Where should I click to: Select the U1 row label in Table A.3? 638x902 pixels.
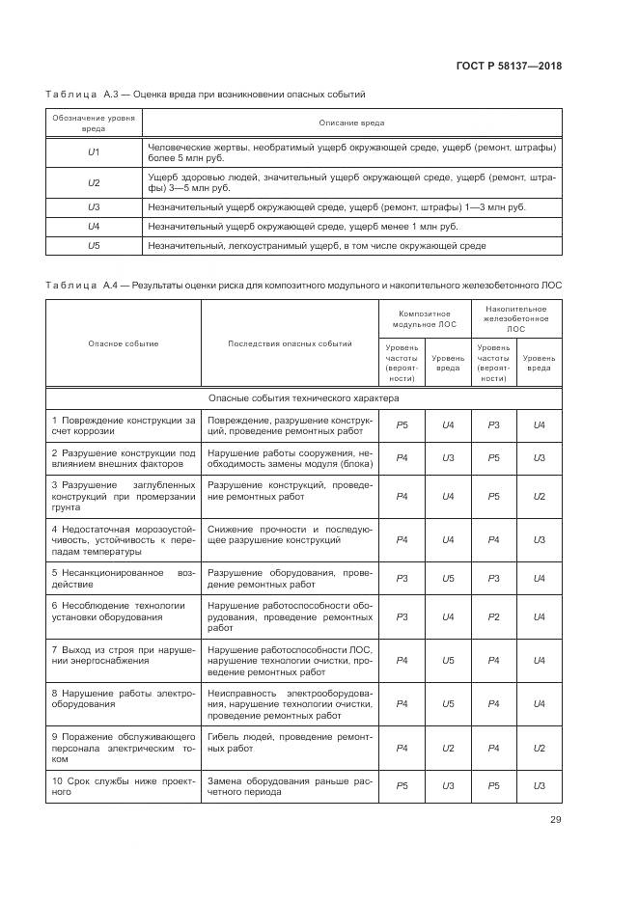pos(94,152)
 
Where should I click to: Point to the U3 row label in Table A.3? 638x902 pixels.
pos(94,206)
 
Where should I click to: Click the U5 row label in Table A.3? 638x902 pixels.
pos(94,246)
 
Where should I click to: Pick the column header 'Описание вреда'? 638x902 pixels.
pos(351,123)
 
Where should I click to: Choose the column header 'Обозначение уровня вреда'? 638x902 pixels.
pos(94,123)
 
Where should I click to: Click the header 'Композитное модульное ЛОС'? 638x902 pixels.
pos(425,318)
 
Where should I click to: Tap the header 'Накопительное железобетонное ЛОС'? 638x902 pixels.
pos(516,318)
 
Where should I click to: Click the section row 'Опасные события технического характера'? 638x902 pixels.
pos(303,397)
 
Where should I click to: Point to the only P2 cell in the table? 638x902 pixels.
pos(493,615)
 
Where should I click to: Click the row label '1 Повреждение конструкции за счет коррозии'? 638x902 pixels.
pos(124,425)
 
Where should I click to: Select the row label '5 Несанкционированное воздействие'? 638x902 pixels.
pos(124,578)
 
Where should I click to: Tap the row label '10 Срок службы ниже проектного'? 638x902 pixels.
pos(124,785)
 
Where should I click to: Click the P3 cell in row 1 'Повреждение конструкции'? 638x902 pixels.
pos(493,425)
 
